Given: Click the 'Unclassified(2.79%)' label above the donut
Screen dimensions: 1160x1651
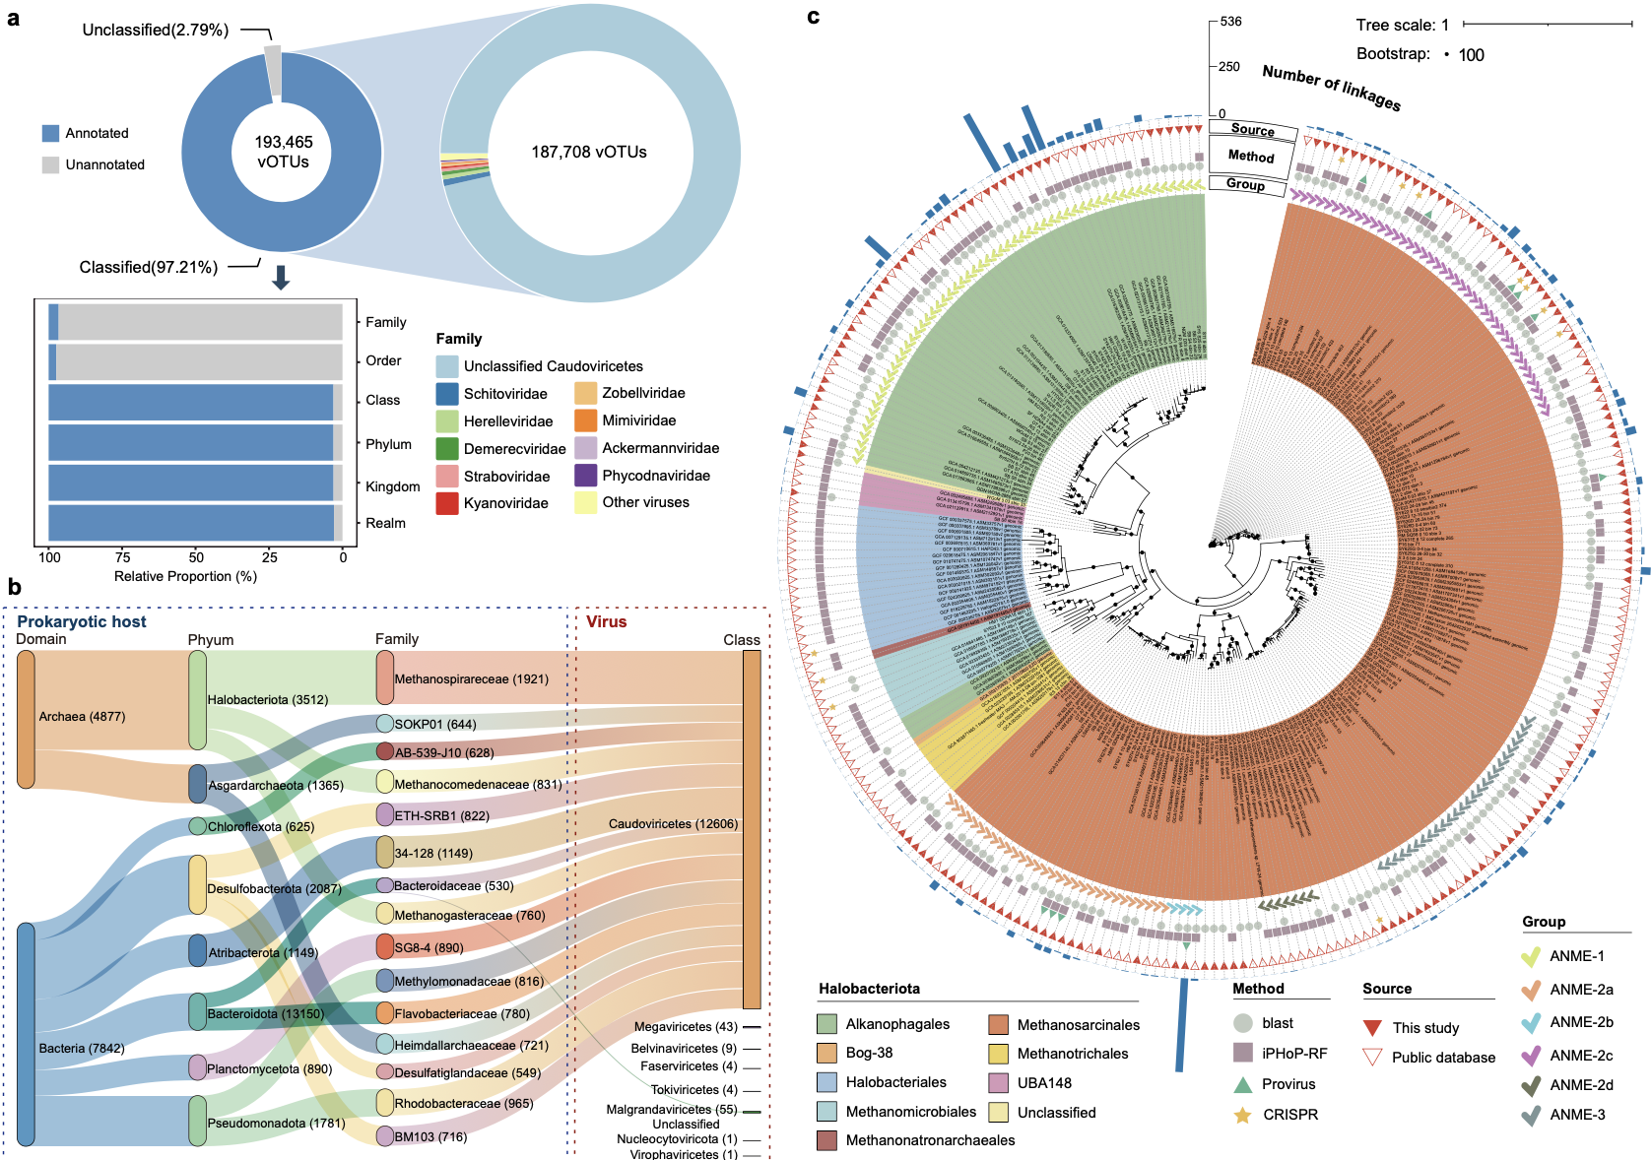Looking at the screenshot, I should coord(156,31).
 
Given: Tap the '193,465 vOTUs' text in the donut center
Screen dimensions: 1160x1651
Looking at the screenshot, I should coord(283,152).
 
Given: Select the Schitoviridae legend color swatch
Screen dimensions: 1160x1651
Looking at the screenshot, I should coord(447,394).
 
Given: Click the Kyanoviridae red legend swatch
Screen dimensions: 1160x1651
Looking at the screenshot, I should coord(447,503).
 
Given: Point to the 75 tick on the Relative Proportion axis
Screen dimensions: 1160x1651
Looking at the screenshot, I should coord(122,557).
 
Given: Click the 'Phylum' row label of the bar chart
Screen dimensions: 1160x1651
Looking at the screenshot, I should coord(388,444).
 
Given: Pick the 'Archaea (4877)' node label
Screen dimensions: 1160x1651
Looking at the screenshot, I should coord(82,717).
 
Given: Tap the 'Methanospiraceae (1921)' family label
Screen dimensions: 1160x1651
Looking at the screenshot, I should coord(471,679).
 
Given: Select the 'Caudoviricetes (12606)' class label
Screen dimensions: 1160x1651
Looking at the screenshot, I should coord(673,824).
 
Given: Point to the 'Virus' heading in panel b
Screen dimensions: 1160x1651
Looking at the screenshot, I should coord(606,622).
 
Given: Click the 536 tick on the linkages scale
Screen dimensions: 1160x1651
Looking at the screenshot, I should coord(1230,22).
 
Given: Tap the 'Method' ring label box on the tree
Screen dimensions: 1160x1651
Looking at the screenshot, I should coord(1251,157).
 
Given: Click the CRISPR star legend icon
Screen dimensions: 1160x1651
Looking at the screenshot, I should coord(1243,1115).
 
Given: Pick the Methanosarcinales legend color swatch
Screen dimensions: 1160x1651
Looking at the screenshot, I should coord(999,1025).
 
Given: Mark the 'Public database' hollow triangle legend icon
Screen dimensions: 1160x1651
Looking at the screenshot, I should coord(1372,1058).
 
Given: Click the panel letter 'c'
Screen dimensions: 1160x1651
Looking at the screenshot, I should coord(813,17).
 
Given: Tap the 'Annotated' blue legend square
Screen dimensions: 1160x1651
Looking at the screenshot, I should coord(51,134).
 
